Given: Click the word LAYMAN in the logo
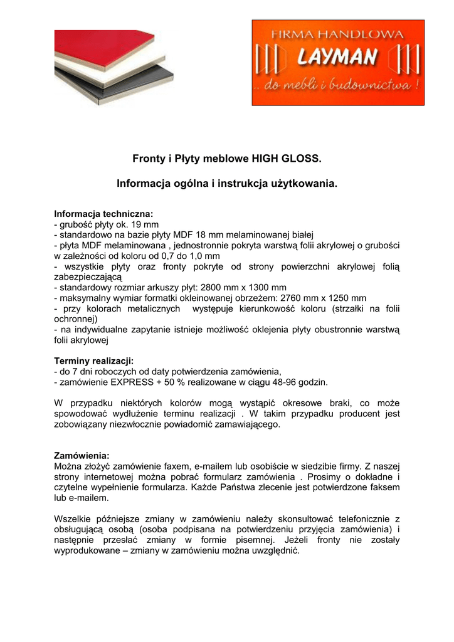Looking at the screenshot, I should pos(337,59).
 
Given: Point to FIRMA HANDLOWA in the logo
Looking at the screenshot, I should pos(336,35).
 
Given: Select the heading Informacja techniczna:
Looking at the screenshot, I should pos(103,213).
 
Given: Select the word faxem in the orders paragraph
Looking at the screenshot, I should pos(161,466).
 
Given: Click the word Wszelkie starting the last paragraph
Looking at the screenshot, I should pos(73,519).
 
